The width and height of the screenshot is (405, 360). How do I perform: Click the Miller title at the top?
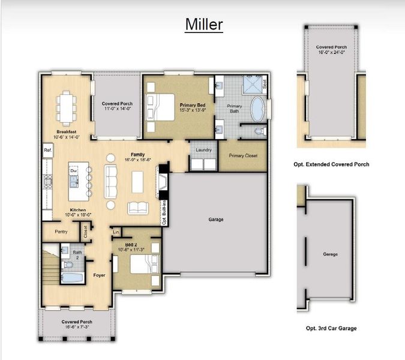tap(203, 24)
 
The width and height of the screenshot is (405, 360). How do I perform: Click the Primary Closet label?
tap(243, 155)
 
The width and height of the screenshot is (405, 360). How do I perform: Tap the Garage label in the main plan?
tap(216, 220)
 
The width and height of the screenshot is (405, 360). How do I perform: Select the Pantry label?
tap(60, 232)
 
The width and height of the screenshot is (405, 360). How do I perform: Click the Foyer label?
tap(99, 276)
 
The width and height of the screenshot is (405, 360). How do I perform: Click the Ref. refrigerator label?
tap(47, 150)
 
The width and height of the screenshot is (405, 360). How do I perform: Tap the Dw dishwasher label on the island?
tap(74, 171)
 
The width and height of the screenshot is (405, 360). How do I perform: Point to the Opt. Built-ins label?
tap(164, 214)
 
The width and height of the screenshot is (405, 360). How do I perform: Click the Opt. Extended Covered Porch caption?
tap(332, 164)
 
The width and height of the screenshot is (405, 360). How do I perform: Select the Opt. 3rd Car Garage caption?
tap(331, 328)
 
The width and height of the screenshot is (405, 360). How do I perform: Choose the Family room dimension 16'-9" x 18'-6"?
tap(137, 160)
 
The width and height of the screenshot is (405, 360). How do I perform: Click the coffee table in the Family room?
tap(137, 182)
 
